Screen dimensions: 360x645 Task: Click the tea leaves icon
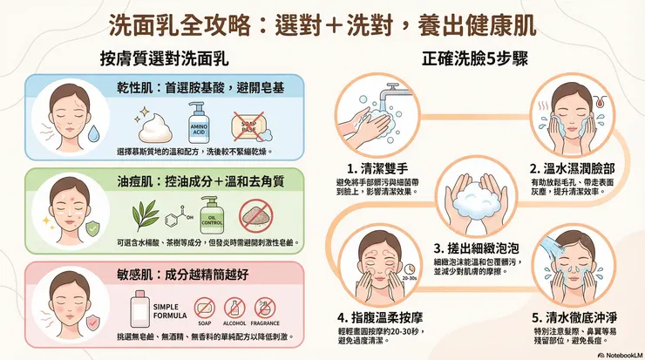coord(139,214)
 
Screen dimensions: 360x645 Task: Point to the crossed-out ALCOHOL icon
coord(234,309)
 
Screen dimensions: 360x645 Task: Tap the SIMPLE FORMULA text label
coord(164,312)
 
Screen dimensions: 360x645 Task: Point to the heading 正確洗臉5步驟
coord(479,59)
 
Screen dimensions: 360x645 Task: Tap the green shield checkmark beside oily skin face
coord(92,228)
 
